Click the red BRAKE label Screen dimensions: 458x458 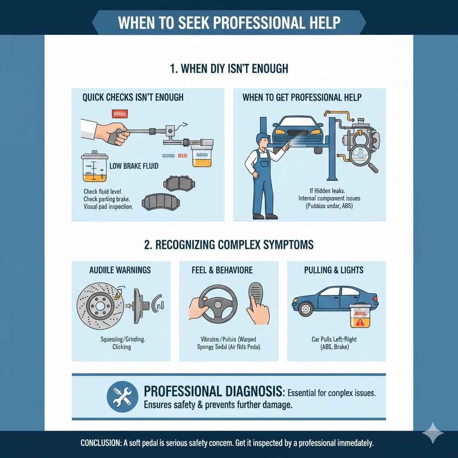[x=119, y=114]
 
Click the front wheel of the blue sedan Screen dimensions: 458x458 [x=306, y=308]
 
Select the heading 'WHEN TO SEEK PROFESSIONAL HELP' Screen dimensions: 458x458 [x=229, y=22]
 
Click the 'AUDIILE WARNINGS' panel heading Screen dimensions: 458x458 [x=121, y=270]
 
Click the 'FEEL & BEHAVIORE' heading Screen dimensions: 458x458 [x=229, y=270]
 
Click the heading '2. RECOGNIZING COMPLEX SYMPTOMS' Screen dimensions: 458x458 [x=229, y=245]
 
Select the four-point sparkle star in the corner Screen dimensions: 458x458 [x=433, y=433]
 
